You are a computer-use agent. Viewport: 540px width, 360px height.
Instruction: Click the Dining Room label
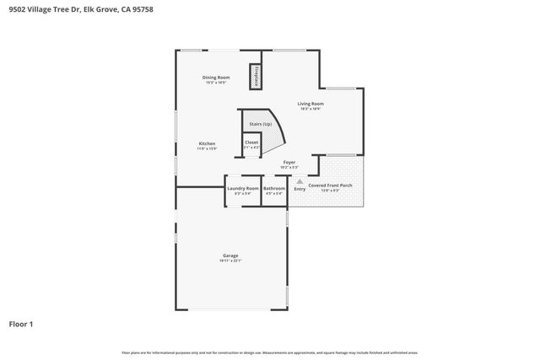pyautogui.click(x=216, y=77)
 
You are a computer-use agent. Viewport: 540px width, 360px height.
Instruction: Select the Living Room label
pyautogui.click(x=310, y=104)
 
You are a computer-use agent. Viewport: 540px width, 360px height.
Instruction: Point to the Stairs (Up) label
pyautogui.click(x=260, y=124)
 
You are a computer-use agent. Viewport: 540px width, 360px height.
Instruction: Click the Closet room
pyautogui.click(x=251, y=144)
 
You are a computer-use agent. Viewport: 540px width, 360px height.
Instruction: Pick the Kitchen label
pyautogui.click(x=207, y=143)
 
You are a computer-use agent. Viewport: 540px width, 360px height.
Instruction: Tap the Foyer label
pyautogui.click(x=289, y=161)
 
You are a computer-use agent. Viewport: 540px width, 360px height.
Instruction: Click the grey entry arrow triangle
pyautogui.click(x=300, y=180)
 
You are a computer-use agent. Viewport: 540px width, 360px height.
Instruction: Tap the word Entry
pyautogui.click(x=300, y=188)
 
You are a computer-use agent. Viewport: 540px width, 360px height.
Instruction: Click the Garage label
pyautogui.click(x=230, y=255)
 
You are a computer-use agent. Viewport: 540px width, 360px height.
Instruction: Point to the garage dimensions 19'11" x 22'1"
pyautogui.click(x=230, y=261)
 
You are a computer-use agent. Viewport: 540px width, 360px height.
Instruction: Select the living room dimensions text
pyautogui.click(x=310, y=109)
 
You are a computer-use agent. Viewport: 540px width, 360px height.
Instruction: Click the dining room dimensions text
pyautogui.click(x=216, y=82)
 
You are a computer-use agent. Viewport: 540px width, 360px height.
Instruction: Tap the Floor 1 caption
pyautogui.click(x=22, y=324)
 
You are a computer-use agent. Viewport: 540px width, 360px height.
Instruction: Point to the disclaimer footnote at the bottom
pyautogui.click(x=270, y=352)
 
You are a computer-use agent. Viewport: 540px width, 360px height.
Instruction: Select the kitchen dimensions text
pyautogui.click(x=207, y=148)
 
